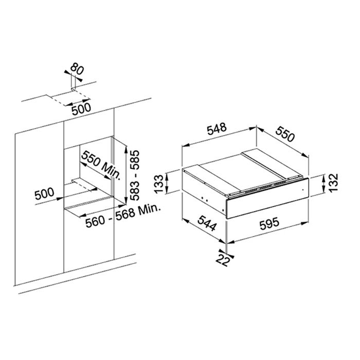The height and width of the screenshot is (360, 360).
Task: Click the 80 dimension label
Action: pyautogui.click(x=77, y=68)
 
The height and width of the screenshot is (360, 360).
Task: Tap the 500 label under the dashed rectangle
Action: pyautogui.click(x=81, y=109)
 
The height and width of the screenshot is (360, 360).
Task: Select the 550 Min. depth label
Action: pyautogui.click(x=101, y=165)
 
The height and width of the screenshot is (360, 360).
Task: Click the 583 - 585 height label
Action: pyautogui.click(x=134, y=175)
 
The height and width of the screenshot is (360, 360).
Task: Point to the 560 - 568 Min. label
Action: pyautogui.click(x=123, y=216)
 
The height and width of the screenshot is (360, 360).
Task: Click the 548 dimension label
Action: pyautogui.click(x=217, y=129)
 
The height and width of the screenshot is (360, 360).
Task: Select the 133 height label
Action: pyautogui.click(x=159, y=184)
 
